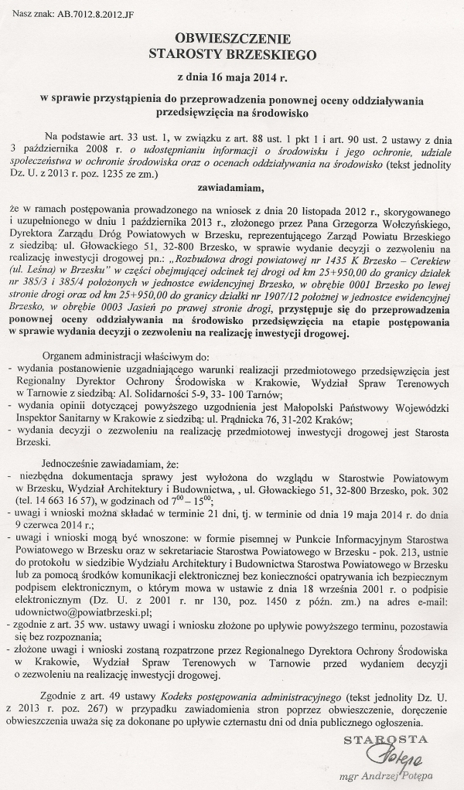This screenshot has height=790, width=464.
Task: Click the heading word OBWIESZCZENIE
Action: point(231,38)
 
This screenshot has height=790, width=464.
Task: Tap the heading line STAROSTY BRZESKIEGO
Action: point(231,54)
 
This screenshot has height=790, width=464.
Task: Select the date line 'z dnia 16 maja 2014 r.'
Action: point(231,78)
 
